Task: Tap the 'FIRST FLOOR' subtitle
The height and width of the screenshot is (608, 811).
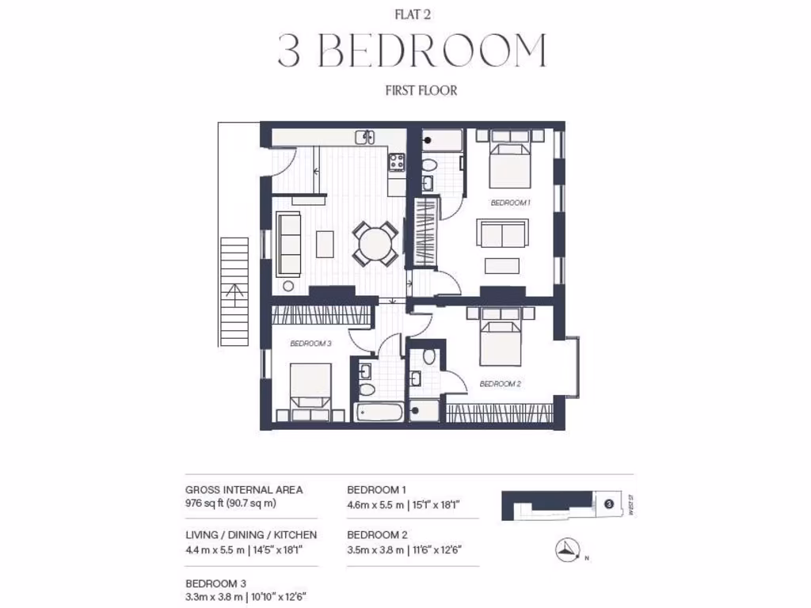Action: pyautogui.click(x=421, y=90)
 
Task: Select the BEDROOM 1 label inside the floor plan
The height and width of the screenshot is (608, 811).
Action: pyautogui.click(x=510, y=203)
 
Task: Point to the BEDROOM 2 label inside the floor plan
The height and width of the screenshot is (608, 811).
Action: pyautogui.click(x=500, y=384)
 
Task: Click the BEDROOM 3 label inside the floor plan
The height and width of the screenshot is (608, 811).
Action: pyautogui.click(x=310, y=344)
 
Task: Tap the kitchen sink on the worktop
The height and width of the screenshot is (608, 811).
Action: pyautogui.click(x=365, y=138)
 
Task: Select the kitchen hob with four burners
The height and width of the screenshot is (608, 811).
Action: pyautogui.click(x=395, y=163)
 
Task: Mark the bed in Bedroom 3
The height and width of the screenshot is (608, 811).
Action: pyautogui.click(x=310, y=390)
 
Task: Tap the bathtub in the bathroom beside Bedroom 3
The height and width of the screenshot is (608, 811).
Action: pyautogui.click(x=379, y=412)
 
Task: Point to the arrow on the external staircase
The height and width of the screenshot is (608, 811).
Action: pyautogui.click(x=233, y=297)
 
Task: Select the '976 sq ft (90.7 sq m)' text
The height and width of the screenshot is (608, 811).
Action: pyautogui.click(x=230, y=503)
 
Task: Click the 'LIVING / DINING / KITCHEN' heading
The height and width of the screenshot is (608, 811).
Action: pyautogui.click(x=250, y=535)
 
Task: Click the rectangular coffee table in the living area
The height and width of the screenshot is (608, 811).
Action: pyautogui.click(x=325, y=243)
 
